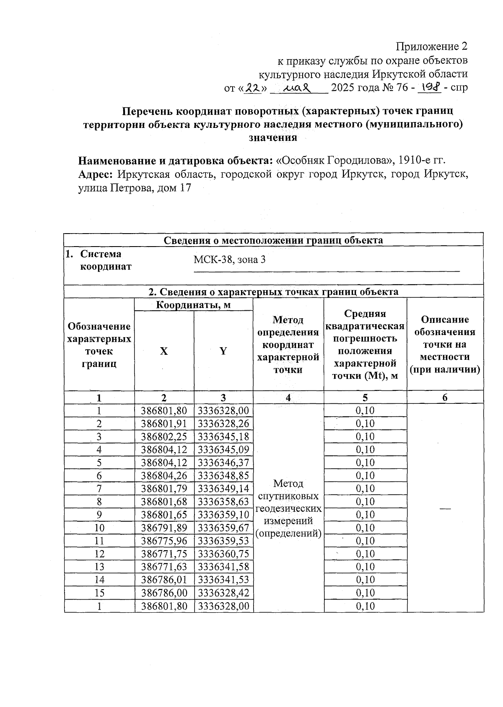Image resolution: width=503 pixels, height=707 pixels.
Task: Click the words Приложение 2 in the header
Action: coord(431,46)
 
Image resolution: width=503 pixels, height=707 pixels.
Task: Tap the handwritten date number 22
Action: coord(252,88)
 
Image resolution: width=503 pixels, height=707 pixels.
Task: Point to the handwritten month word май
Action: coord(296,88)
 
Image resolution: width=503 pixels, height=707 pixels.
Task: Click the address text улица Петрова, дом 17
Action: coord(135,188)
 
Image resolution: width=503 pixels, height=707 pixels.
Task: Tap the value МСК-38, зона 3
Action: coord(229,260)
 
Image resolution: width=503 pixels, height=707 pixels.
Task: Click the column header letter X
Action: coord(164,351)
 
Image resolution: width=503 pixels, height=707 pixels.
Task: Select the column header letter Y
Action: coord(223,351)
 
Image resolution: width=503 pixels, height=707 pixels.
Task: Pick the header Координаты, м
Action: coord(193,305)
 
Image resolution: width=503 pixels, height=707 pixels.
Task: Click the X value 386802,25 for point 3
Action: coord(164,437)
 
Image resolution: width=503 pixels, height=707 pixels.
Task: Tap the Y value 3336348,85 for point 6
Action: coord(223,476)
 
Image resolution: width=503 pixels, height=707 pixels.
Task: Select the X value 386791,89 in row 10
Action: coord(164,528)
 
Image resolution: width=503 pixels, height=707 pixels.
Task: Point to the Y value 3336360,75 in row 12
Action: coord(223,554)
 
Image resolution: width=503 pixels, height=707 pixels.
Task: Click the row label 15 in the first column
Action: coord(99,593)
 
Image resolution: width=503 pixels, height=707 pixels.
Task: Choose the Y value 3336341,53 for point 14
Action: coord(223,580)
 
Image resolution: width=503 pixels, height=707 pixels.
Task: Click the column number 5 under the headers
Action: coord(365,398)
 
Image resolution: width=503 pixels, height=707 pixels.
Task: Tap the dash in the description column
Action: coord(445,508)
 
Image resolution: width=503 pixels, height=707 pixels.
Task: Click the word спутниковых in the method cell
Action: coord(288,496)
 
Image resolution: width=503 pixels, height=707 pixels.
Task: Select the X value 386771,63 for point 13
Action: coord(164,567)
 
